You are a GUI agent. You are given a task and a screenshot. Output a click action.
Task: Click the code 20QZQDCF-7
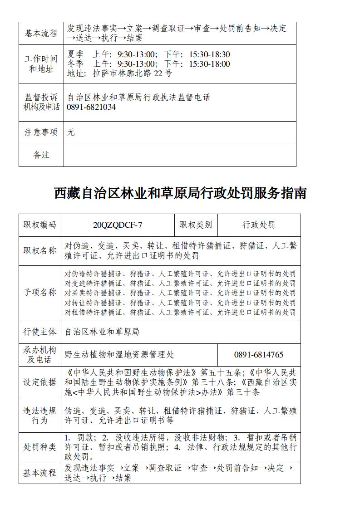[118, 225]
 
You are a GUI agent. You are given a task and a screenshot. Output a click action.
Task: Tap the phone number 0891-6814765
[259, 355]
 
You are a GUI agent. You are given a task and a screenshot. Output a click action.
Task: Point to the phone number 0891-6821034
[91, 107]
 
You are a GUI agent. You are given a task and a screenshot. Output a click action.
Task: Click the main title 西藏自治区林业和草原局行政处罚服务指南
[180, 193]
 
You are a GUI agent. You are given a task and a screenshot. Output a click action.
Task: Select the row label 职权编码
[40, 225]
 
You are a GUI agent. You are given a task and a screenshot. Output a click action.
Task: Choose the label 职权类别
[196, 225]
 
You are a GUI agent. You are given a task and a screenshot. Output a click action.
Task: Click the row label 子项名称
[40, 293]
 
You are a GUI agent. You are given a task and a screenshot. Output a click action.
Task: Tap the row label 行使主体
[40, 332]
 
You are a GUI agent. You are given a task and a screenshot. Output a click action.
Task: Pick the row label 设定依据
[40, 382]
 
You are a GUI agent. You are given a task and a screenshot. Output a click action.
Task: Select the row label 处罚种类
[40, 447]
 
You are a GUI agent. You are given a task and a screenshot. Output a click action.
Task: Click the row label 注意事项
[41, 132]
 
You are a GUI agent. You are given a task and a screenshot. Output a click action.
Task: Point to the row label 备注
[41, 155]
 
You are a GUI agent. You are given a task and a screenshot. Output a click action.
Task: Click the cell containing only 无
[71, 132]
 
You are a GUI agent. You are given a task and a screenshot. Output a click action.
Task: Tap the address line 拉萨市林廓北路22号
[120, 73]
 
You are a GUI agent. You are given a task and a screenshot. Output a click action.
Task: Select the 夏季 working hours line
[149, 54]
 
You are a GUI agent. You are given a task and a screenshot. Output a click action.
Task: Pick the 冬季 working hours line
[149, 64]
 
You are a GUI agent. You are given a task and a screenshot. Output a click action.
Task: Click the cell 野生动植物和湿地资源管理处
[119, 355]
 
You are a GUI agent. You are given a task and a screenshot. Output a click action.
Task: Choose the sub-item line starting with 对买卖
[180, 293]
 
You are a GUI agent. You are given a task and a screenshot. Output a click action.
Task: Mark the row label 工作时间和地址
[41, 64]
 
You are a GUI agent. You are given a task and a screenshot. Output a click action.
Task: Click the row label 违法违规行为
[40, 416]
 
